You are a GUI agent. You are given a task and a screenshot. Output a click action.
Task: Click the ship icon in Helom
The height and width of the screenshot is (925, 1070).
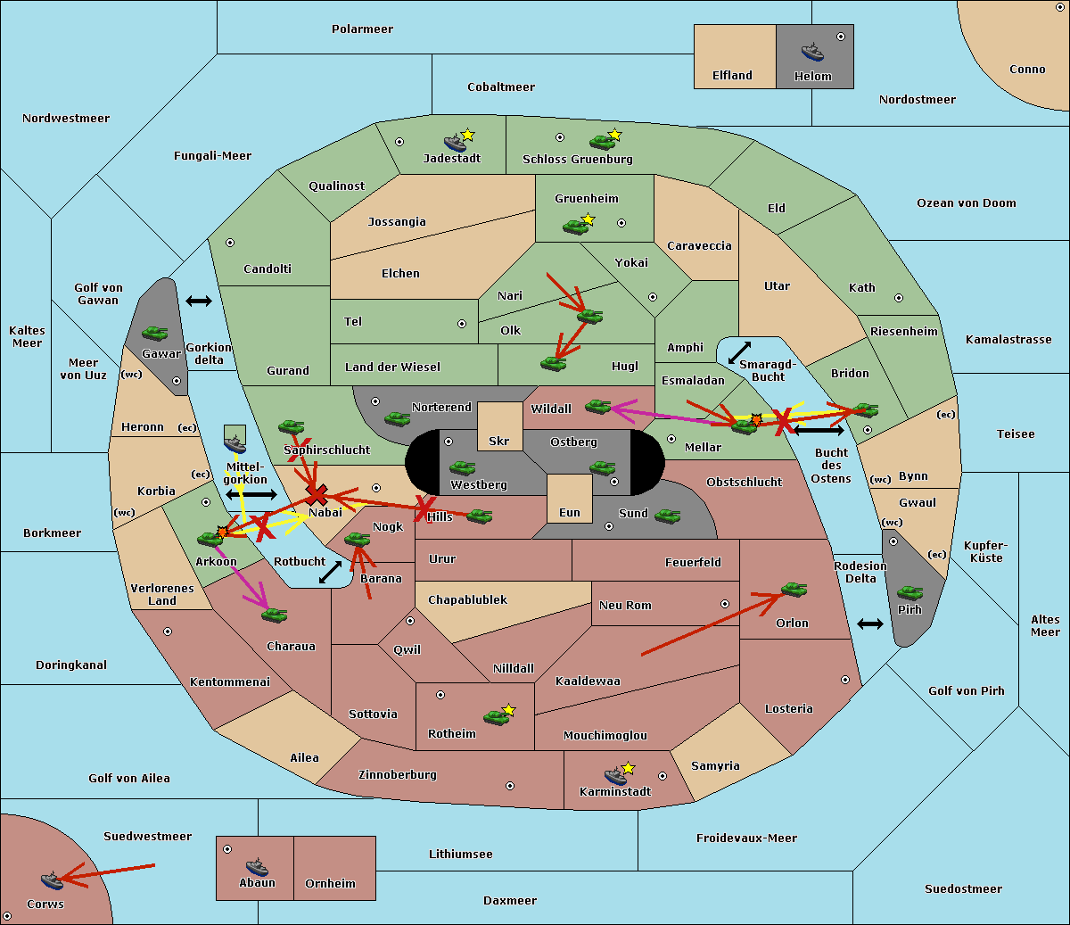(x=812, y=52)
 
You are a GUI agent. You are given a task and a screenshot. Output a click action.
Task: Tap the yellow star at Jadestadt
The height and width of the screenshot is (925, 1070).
(x=467, y=136)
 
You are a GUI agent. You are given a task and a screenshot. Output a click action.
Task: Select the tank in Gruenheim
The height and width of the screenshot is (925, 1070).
(x=576, y=227)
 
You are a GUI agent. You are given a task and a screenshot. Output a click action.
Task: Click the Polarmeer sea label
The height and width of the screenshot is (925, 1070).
(x=362, y=29)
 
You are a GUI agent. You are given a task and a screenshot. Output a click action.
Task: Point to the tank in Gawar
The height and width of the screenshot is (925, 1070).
(x=155, y=333)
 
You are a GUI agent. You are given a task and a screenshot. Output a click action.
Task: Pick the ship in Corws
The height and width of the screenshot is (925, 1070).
(x=52, y=880)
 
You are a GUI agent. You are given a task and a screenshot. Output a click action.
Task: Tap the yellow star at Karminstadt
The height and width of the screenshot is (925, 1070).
(x=628, y=768)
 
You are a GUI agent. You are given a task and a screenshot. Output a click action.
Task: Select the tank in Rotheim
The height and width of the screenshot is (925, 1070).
(x=496, y=717)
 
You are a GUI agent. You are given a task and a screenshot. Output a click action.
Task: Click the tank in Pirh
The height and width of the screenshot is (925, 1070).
(x=909, y=592)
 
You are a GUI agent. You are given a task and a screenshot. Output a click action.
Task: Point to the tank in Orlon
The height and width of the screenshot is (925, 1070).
(x=794, y=590)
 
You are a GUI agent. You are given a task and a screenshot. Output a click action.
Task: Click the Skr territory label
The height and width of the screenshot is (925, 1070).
(x=499, y=441)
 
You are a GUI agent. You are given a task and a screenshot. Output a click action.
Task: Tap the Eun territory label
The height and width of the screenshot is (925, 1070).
(x=570, y=512)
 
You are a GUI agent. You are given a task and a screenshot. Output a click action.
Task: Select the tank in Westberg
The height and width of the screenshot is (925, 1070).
(x=462, y=467)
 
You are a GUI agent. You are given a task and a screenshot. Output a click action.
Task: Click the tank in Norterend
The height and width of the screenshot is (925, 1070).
(x=397, y=418)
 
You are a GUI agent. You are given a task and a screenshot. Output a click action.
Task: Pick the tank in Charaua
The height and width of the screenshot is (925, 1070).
(x=274, y=615)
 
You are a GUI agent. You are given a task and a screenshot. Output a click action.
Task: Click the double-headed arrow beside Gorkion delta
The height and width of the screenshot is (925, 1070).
(x=199, y=301)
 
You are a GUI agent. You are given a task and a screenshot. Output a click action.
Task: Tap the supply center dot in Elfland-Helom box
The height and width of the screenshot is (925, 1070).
(x=841, y=37)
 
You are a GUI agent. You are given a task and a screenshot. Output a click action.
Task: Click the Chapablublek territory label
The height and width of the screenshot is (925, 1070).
(x=467, y=599)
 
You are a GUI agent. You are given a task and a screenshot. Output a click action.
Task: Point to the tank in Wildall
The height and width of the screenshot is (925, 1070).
(x=598, y=407)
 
